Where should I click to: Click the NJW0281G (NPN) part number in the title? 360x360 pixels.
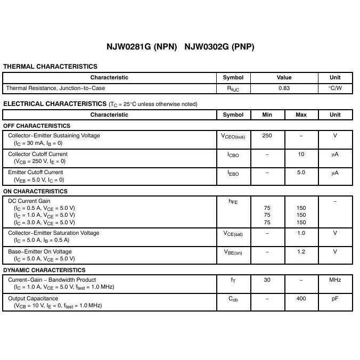[142, 47]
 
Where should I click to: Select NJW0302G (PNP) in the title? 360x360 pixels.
[219, 47]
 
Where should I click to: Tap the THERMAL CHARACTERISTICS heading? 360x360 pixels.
[50, 67]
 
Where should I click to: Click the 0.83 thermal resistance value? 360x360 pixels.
[284, 88]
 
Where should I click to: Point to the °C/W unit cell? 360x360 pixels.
[335, 88]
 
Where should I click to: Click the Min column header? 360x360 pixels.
[267, 114]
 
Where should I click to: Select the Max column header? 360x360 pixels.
[301, 114]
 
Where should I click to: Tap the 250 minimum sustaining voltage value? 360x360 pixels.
[267, 136]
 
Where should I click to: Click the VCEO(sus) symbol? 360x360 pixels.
[233, 136]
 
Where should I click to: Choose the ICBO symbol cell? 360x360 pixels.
[233, 155]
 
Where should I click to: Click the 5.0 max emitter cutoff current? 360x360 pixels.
[301, 173]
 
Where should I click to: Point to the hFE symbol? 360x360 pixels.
[233, 202]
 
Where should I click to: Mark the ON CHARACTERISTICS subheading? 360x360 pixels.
[35, 191]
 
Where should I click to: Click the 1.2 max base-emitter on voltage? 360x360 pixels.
[301, 252]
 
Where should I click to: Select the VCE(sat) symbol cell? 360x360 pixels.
[233, 234]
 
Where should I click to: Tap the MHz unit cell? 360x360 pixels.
[335, 280]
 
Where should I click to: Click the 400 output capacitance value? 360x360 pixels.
[301, 299]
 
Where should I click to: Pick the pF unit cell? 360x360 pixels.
[335, 299]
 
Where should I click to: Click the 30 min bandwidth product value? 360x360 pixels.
[267, 280]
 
